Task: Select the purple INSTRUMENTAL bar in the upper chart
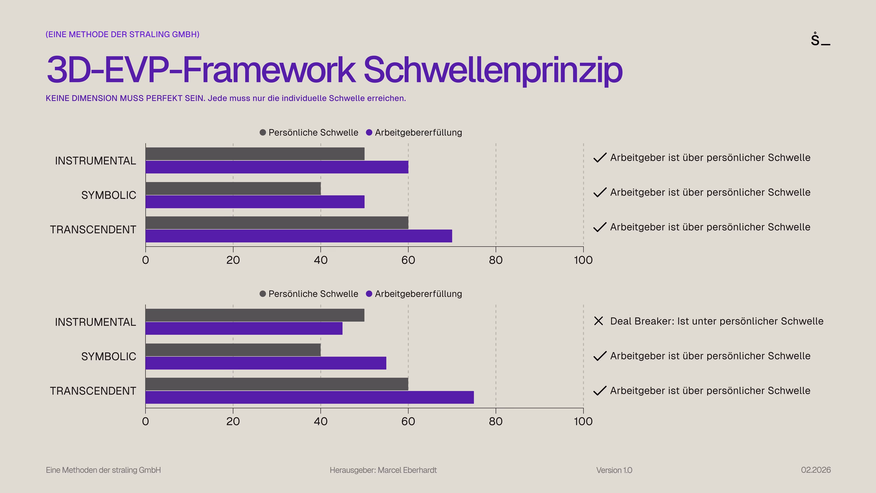tap(277, 167)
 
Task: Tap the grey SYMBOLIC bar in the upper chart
tap(233, 188)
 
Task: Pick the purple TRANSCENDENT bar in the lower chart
tap(310, 397)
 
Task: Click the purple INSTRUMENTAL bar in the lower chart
tap(244, 328)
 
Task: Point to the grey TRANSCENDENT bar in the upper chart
tap(277, 223)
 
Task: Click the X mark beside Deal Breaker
tap(598, 321)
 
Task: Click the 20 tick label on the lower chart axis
tap(233, 422)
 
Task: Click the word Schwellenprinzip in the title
tap(493, 70)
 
